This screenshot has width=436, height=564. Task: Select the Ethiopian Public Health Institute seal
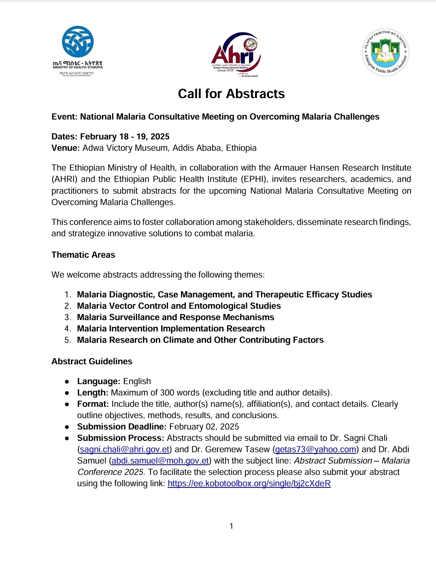(385, 52)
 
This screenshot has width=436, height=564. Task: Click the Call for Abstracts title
(231, 94)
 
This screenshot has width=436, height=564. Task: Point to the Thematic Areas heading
(83, 255)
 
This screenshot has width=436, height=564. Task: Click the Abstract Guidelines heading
(91, 361)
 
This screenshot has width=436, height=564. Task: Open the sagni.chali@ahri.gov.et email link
(125, 449)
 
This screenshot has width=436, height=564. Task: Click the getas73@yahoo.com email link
(316, 449)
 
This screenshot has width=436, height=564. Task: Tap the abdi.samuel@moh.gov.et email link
(160, 461)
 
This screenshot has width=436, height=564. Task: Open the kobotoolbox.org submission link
(249, 483)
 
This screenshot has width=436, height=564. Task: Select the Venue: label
(66, 148)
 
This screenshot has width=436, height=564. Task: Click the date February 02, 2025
(204, 427)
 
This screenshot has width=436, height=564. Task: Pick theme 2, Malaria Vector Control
(179, 306)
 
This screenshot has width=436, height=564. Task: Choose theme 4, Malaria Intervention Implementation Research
(171, 329)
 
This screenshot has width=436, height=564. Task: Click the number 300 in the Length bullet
(167, 393)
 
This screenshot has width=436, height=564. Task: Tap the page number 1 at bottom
(231, 526)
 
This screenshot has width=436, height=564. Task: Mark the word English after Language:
(137, 381)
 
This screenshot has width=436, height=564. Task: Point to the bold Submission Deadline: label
(121, 427)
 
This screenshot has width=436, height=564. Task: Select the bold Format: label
(93, 404)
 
